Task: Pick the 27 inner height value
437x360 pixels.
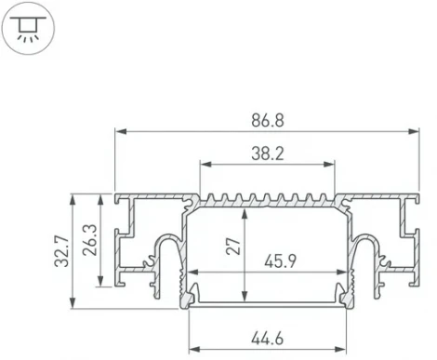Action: pos(233,247)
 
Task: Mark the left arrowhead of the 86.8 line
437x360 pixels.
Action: pos(118,131)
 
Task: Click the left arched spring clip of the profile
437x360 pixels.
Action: pos(165,248)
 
